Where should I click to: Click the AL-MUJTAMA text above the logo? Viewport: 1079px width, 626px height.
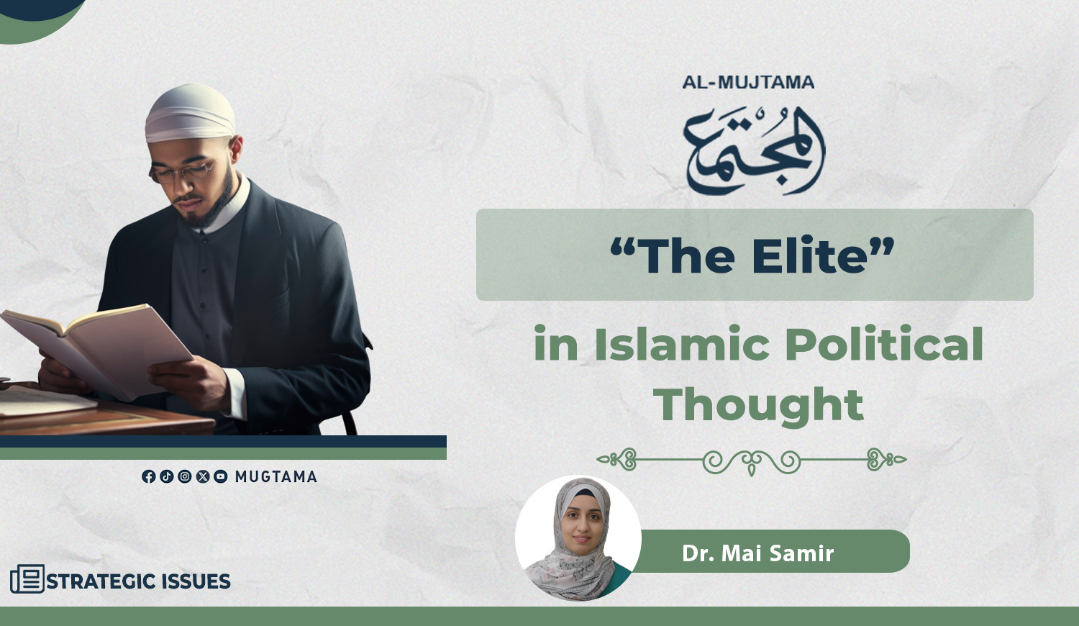[x=748, y=83]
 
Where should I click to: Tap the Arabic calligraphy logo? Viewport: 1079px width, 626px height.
[x=755, y=151]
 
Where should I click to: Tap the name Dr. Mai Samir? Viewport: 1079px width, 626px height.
[x=757, y=553]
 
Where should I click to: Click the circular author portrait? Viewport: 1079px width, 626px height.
[x=578, y=538]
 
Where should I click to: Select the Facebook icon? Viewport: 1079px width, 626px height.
[x=148, y=476]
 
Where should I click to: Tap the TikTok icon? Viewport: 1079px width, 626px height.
[x=167, y=476]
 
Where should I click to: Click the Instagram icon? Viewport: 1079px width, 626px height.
[x=184, y=476]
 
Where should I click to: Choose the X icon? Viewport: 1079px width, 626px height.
[x=203, y=476]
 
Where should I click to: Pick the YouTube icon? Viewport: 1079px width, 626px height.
[x=221, y=476]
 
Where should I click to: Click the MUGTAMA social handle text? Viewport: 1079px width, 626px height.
[x=276, y=477]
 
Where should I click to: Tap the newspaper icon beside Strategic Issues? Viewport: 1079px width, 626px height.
[x=27, y=579]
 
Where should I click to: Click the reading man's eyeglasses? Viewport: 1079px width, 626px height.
[x=182, y=172]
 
